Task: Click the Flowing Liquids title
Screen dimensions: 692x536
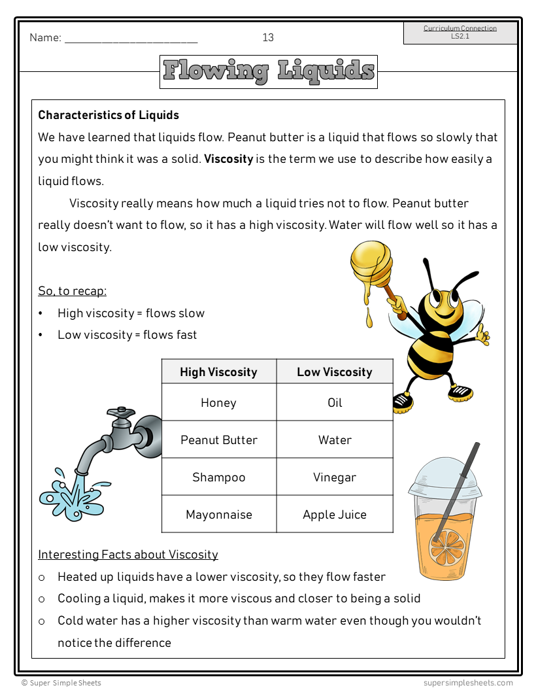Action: (x=268, y=71)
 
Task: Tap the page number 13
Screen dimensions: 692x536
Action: (x=268, y=38)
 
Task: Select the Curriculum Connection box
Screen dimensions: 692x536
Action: (x=460, y=33)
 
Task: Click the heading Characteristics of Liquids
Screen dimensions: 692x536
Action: (x=109, y=115)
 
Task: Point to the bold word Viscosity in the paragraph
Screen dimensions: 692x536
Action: (x=228, y=159)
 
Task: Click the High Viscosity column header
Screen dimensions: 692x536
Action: (x=218, y=372)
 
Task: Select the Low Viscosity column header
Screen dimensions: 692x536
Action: (x=334, y=372)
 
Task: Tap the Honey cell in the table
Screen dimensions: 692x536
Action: (x=218, y=403)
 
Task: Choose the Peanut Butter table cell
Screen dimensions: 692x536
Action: (x=218, y=440)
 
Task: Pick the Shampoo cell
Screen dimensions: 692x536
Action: (x=218, y=477)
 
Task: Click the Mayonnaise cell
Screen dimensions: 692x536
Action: (x=218, y=515)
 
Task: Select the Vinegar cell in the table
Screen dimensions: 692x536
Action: (x=334, y=477)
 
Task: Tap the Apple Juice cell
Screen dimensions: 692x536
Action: (x=334, y=515)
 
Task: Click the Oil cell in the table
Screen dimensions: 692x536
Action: (x=334, y=403)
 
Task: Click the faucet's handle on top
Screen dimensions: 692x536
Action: (x=121, y=413)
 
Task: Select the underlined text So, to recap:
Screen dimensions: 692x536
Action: (x=72, y=291)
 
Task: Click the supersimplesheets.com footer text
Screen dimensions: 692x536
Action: (x=467, y=683)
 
